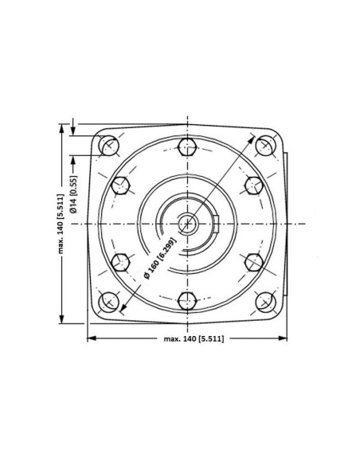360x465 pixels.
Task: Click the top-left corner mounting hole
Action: [x=108, y=146]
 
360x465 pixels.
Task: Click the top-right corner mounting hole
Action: [x=265, y=146]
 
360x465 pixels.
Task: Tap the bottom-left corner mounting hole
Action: [x=108, y=302]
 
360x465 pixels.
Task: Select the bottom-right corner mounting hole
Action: [x=265, y=302]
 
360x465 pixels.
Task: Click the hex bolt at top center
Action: [x=187, y=146]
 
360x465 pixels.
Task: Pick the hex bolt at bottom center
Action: [x=187, y=301]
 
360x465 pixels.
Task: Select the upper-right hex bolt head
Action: [x=253, y=186]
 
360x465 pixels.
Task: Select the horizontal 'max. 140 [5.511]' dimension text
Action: [x=188, y=339]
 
